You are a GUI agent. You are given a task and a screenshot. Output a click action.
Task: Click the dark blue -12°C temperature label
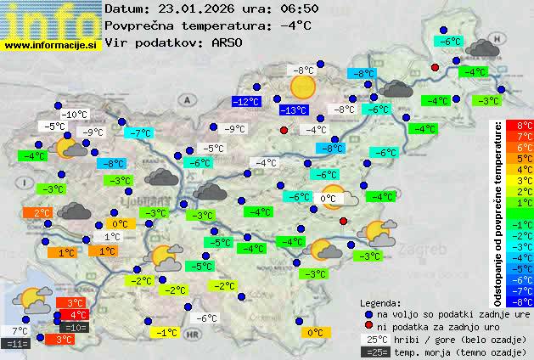coord(246,102)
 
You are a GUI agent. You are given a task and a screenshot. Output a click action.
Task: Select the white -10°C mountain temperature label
coord(74,115)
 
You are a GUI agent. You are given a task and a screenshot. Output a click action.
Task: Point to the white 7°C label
coord(18,330)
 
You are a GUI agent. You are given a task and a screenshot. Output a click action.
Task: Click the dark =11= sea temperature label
coord(17,343)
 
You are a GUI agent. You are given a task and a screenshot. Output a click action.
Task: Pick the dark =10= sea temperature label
coord(74,327)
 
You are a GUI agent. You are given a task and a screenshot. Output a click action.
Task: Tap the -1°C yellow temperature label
coord(166,333)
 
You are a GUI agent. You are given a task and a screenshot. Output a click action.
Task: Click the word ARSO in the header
coord(229,42)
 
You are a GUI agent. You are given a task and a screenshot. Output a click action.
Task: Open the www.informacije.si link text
coord(51,45)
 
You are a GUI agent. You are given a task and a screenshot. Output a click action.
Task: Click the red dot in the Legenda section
coord(368,326)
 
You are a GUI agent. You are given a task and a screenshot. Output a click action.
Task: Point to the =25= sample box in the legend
coord(379,352)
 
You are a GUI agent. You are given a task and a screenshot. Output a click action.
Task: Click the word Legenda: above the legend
coord(380,302)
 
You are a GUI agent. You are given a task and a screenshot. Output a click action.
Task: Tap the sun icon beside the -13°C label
coord(303,86)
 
